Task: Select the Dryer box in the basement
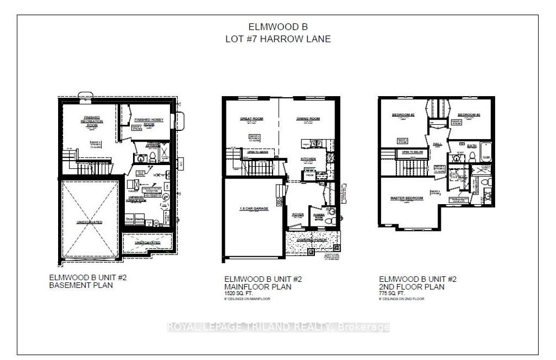pos(129,219)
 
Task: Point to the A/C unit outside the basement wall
pos(183,162)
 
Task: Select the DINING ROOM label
pos(308,118)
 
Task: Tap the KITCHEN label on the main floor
pos(309,159)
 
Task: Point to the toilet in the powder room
pos(333,213)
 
